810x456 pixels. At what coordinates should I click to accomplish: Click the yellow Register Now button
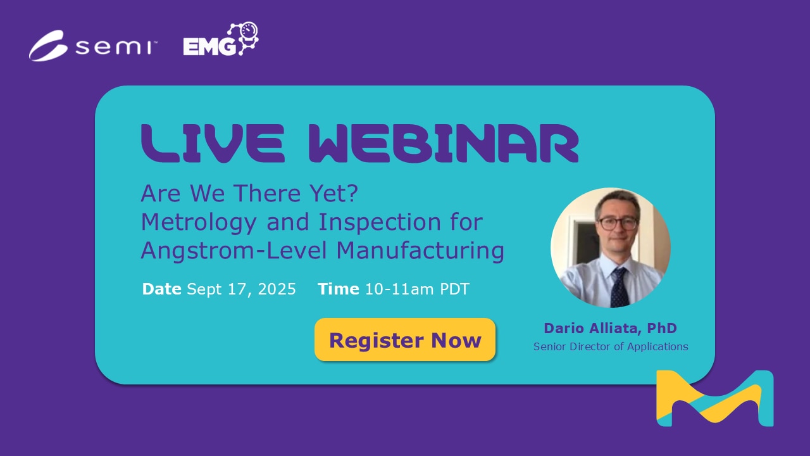(x=405, y=340)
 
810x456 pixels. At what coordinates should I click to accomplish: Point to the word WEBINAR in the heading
(x=444, y=144)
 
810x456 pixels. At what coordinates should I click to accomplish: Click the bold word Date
(x=161, y=289)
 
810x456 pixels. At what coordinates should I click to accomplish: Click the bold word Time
(x=339, y=289)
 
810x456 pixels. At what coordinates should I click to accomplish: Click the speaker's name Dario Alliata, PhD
(x=610, y=328)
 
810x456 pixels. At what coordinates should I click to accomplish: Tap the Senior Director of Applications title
(x=611, y=347)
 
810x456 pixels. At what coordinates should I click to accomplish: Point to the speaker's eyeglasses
(x=618, y=223)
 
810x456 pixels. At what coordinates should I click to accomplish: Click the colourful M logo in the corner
(x=714, y=398)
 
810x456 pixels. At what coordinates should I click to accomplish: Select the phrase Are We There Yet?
(x=249, y=194)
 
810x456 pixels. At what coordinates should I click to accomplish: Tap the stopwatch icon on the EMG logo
(x=249, y=33)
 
